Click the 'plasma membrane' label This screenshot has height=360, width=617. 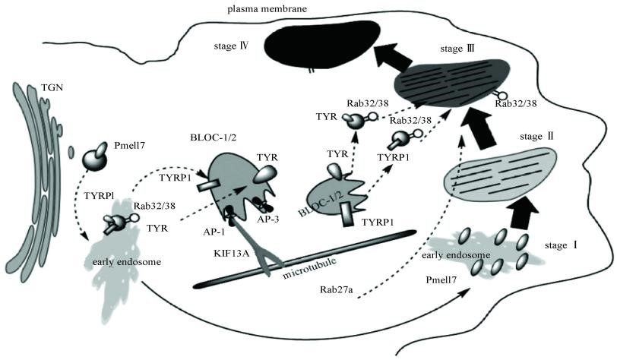pyautogui.click(x=265, y=8)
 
